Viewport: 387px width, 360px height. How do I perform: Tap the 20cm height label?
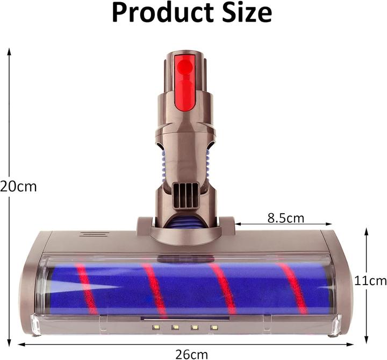(x=18, y=187)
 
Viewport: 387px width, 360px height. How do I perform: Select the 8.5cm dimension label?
(x=285, y=217)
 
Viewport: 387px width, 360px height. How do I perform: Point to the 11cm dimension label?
(x=371, y=280)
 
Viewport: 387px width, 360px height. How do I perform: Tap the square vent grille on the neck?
(x=185, y=194)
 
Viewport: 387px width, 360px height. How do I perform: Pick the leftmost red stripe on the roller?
(x=87, y=289)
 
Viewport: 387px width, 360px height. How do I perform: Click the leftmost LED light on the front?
(x=155, y=327)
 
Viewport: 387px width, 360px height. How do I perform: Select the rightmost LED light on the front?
(x=214, y=327)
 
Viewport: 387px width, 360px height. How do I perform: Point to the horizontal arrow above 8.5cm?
(x=283, y=224)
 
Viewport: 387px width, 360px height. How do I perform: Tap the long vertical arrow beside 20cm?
(x=9, y=194)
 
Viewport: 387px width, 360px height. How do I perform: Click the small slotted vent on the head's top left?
(x=94, y=234)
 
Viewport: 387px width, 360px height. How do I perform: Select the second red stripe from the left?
(x=154, y=289)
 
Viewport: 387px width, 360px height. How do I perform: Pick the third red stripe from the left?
(x=223, y=289)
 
